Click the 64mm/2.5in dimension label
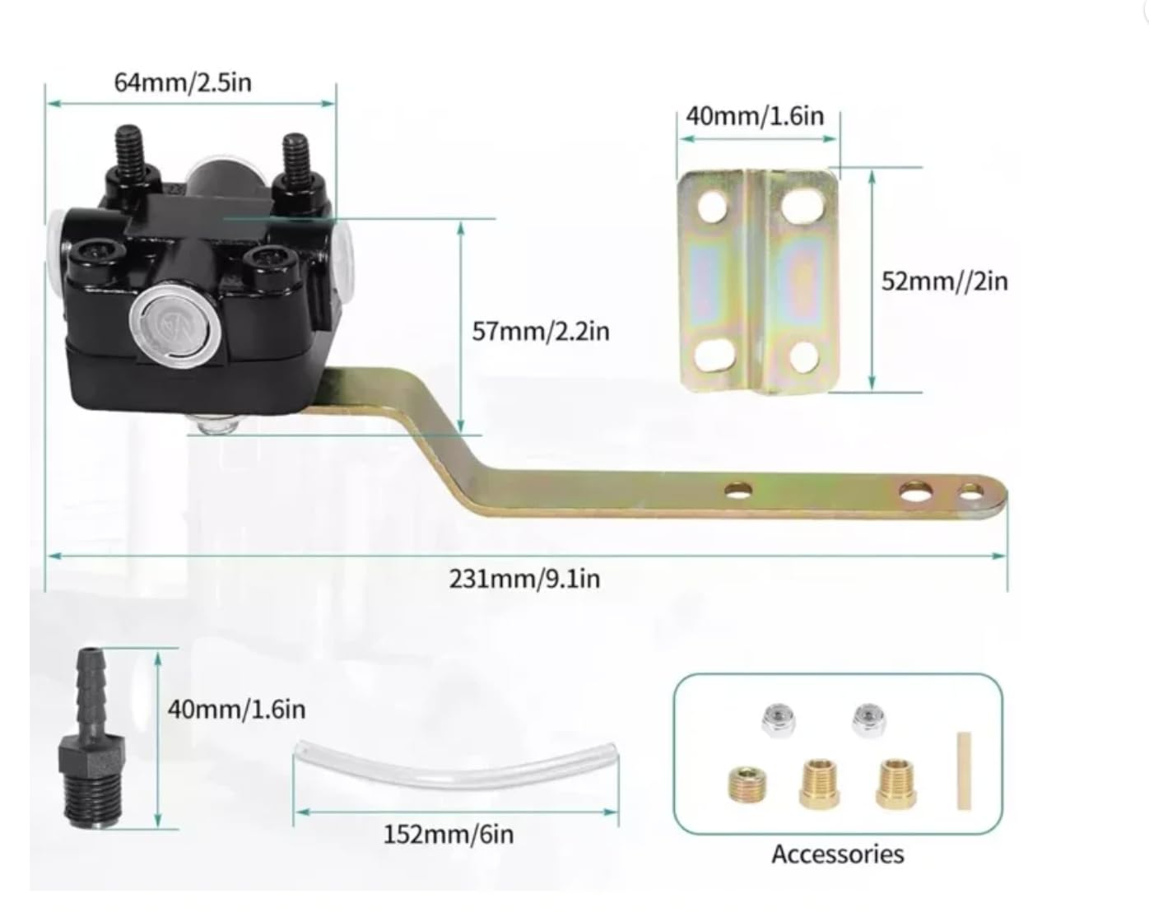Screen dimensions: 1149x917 click(183, 82)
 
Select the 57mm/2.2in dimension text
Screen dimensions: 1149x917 click(540, 331)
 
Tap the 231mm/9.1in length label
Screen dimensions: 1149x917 click(524, 579)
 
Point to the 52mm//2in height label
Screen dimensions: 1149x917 click(944, 281)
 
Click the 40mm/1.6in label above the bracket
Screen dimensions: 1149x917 click(755, 115)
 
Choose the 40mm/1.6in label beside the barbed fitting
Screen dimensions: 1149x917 click(236, 709)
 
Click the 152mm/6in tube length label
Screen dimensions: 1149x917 click(448, 834)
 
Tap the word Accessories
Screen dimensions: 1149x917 click(837, 854)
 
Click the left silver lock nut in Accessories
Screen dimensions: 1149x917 click(778, 720)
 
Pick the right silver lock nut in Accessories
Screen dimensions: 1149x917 click(867, 720)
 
